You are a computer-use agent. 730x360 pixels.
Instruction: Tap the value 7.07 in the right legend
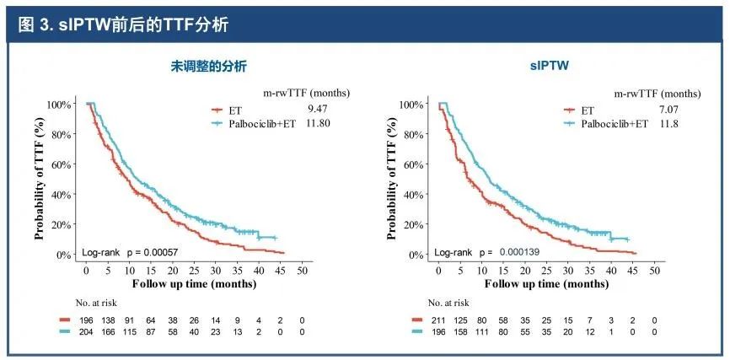pyautogui.click(x=666, y=109)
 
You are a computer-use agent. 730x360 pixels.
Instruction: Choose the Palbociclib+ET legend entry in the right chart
pyautogui.click(x=605, y=123)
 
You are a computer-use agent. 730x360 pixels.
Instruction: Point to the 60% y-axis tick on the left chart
pyautogui.click(x=59, y=164)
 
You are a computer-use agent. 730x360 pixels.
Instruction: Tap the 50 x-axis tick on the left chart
pyautogui.click(x=303, y=271)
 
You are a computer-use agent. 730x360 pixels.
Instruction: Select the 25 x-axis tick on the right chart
pyautogui.click(x=546, y=271)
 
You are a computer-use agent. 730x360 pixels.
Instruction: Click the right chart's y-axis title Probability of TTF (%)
pyautogui.click(x=393, y=179)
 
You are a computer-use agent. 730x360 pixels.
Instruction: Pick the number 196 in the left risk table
pyautogui.click(x=86, y=320)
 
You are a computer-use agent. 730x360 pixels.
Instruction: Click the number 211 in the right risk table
pyautogui.click(x=439, y=320)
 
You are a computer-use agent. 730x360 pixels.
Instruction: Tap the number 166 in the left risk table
pyautogui.click(x=108, y=332)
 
